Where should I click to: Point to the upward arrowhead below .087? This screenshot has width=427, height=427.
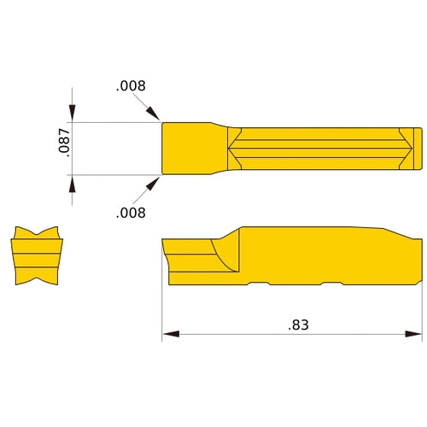[73, 182]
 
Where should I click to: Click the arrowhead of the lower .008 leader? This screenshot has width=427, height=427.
[155, 182]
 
